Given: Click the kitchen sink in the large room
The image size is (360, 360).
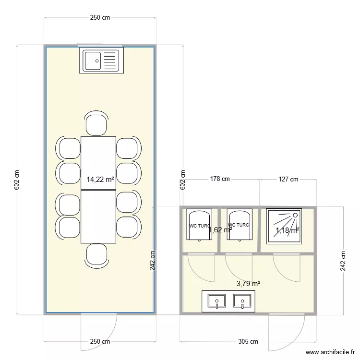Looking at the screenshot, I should (x=101, y=60).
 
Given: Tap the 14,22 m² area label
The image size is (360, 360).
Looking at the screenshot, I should (x=100, y=180).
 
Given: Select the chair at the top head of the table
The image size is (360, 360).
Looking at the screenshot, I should (x=96, y=124).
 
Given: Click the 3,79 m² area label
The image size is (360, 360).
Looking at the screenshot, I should (x=248, y=284).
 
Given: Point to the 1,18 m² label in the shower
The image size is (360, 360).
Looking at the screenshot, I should (x=287, y=230).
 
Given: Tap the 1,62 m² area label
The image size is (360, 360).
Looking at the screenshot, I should (x=220, y=230).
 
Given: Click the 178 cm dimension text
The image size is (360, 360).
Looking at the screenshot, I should (x=220, y=179).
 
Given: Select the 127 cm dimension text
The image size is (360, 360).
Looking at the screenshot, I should (x=288, y=179).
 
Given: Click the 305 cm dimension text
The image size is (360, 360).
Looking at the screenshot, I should (x=248, y=342).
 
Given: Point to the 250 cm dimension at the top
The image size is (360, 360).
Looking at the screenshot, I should (x=100, y=18).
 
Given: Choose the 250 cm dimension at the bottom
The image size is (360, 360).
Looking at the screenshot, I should (x=100, y=342).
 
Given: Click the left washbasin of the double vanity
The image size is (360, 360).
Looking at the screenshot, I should (x=217, y=301).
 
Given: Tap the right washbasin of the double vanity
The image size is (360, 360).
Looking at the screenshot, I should (x=242, y=301).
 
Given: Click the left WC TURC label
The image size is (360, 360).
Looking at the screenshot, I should (x=199, y=225).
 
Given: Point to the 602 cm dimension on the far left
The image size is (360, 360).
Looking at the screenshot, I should (x=17, y=180).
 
